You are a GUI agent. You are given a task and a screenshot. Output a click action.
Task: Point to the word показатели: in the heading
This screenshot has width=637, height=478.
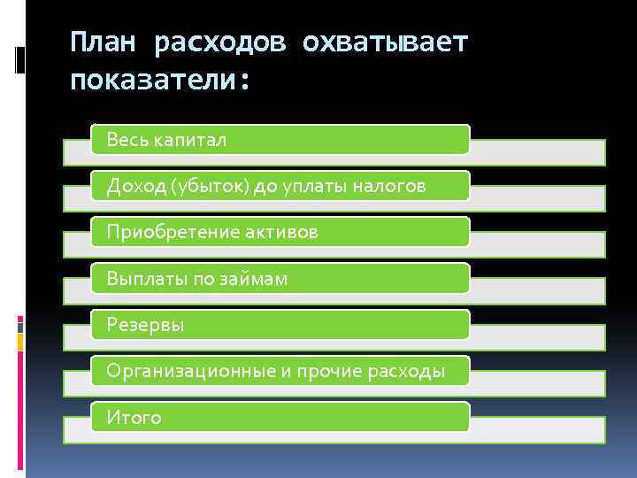click(x=161, y=81)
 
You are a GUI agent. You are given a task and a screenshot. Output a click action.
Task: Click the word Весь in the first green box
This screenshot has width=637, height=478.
click(x=127, y=140)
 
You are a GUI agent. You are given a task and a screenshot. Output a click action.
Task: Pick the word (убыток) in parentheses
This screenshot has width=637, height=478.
click(x=210, y=186)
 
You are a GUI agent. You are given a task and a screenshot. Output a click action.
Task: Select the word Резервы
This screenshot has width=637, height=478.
click(x=145, y=325)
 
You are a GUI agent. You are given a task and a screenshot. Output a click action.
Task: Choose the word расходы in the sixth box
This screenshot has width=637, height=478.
click(x=405, y=371)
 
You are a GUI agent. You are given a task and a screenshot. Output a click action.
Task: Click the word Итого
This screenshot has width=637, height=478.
click(x=134, y=418)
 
